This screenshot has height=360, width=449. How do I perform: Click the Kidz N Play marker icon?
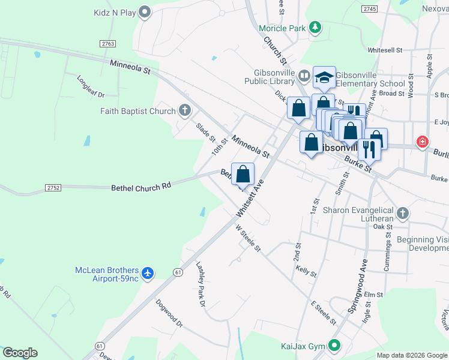click(144, 12)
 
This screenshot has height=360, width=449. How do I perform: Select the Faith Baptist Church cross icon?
click(185, 110)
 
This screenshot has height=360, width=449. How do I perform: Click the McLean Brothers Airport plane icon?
click(148, 274)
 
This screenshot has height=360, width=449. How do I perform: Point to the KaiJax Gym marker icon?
click(334, 346)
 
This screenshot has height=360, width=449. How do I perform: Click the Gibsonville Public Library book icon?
click(304, 76)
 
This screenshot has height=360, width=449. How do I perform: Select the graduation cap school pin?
click(323, 78)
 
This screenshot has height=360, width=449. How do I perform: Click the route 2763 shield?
click(108, 44)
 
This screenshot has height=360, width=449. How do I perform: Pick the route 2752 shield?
click(53, 188)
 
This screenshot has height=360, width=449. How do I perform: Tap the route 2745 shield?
click(370, 9)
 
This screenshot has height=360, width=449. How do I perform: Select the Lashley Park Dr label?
click(201, 285)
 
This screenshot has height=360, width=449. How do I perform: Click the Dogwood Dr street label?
click(169, 314)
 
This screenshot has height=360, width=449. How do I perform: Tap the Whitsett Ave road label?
click(250, 198)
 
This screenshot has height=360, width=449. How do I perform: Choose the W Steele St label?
click(249, 238)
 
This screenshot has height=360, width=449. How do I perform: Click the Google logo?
click(20, 353)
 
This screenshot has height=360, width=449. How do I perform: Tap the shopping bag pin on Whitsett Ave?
click(243, 175)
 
